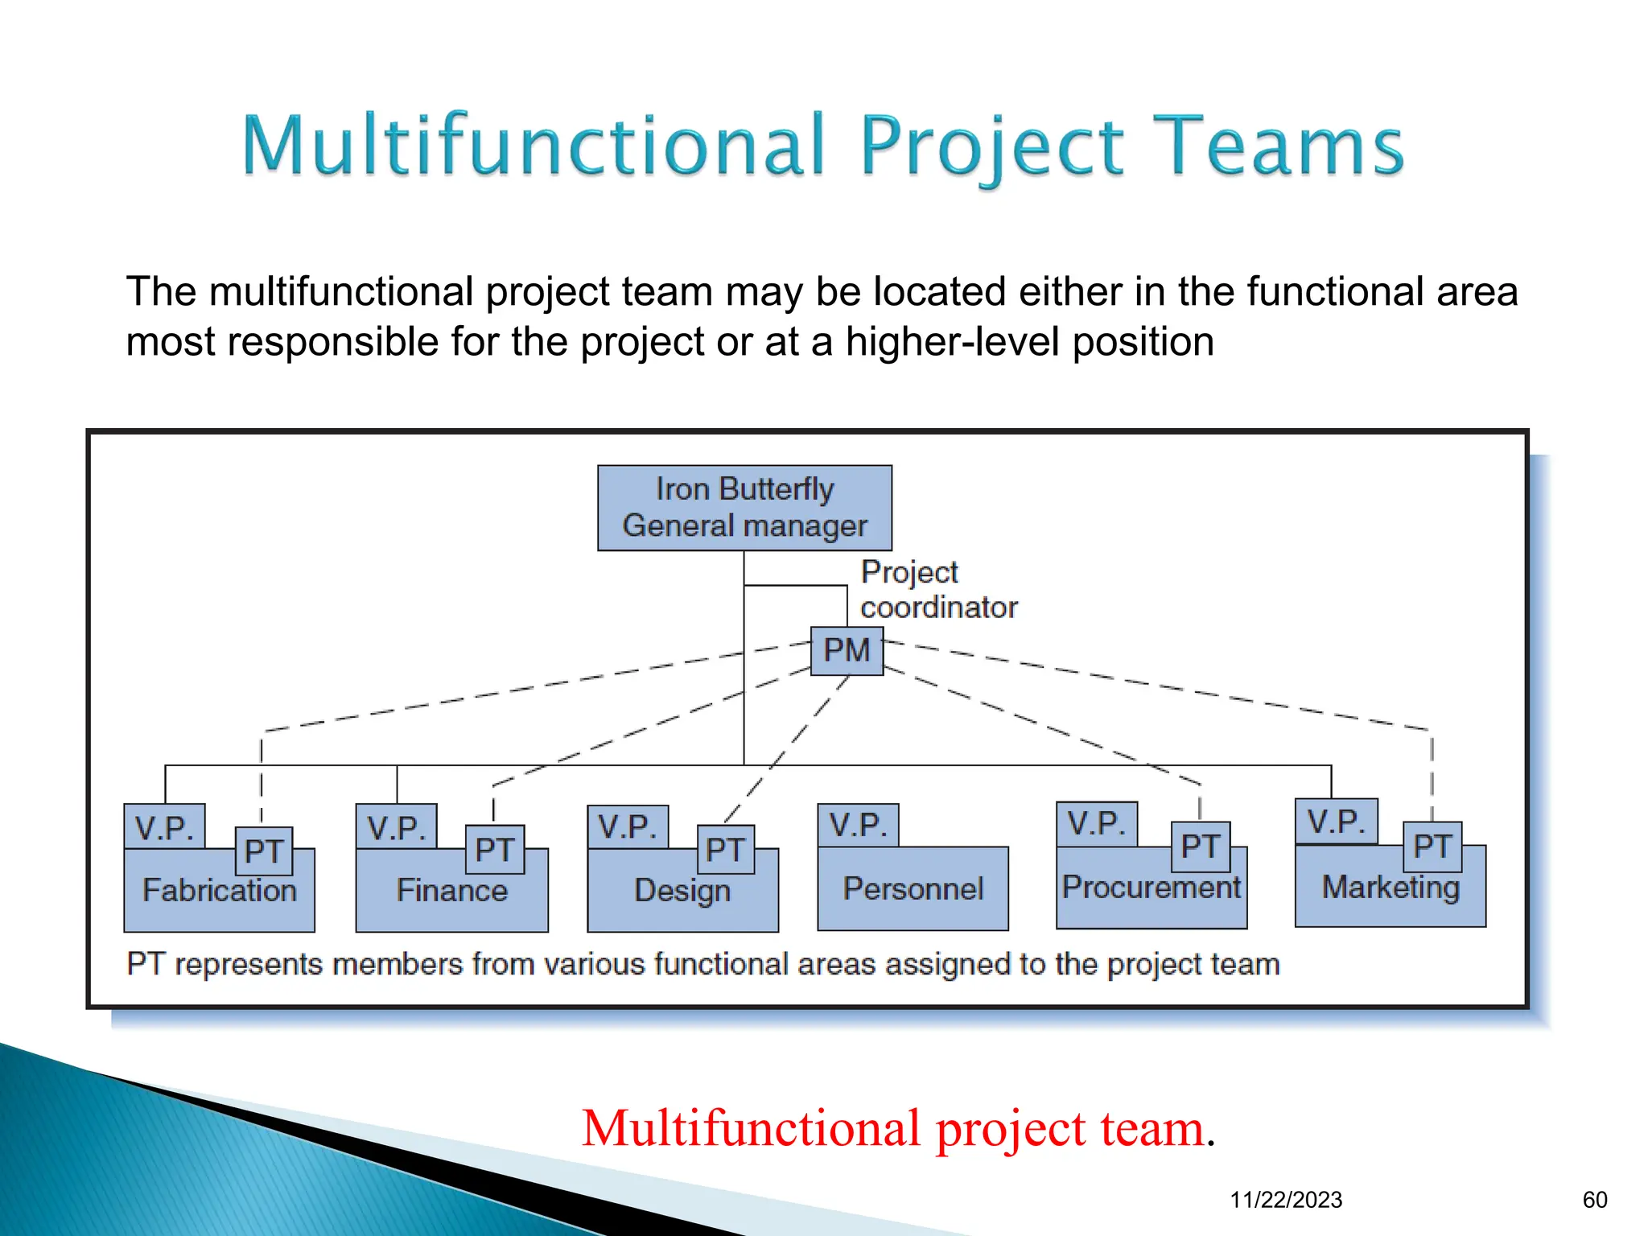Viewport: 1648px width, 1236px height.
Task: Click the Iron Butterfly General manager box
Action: [x=744, y=508]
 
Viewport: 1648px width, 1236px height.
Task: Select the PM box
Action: [x=847, y=650]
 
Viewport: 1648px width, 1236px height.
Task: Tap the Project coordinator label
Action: [x=938, y=590]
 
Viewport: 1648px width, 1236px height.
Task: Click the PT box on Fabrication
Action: [x=264, y=851]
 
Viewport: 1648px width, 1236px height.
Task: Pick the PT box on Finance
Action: [x=494, y=850]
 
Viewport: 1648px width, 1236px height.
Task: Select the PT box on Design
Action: [x=725, y=850]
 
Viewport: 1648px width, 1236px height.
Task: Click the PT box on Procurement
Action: [x=1200, y=847]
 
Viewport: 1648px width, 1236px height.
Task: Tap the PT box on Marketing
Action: [x=1432, y=847]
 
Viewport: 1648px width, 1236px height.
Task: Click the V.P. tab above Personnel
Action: [x=858, y=826]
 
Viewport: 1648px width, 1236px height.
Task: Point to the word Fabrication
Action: [x=220, y=891]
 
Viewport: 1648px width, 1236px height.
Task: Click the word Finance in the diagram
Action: [x=452, y=891]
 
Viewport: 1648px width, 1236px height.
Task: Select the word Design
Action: [x=682, y=891]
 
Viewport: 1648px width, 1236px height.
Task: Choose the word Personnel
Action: [x=913, y=889]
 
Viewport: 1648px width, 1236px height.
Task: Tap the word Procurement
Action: [x=1152, y=888]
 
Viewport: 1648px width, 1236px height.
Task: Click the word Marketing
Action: [x=1390, y=888]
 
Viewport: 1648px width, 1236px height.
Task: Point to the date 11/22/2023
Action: [x=1286, y=1200]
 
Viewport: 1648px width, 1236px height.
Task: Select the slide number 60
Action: [x=1594, y=1200]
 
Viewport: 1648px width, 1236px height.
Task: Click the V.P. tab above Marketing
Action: [x=1336, y=822]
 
